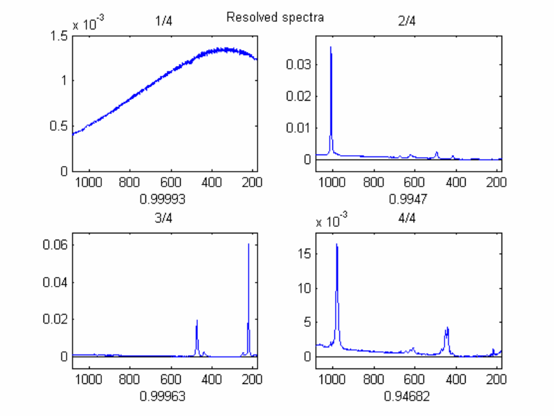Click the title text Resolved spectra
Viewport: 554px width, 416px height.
click(275, 17)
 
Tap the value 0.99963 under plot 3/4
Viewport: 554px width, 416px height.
click(163, 395)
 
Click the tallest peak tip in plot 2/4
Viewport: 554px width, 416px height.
click(331, 47)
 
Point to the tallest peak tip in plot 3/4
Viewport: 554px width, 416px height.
click(248, 244)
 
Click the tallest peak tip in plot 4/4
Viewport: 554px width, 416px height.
click(336, 245)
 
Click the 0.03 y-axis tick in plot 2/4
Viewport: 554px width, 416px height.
click(298, 64)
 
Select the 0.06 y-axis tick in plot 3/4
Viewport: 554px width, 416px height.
click(55, 245)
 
